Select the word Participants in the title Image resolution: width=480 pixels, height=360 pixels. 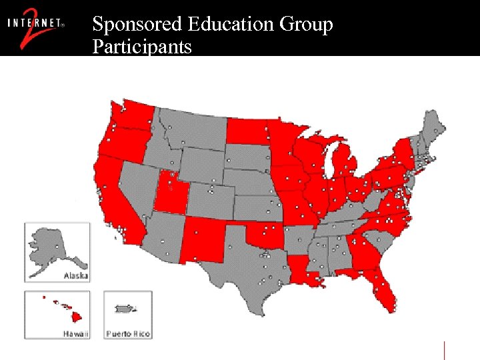point(142,47)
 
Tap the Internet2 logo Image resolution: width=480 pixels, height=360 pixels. point(36,27)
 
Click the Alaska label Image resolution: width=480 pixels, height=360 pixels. point(75,275)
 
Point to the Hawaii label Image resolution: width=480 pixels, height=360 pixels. point(74,333)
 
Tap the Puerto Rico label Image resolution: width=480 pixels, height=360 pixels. point(127,333)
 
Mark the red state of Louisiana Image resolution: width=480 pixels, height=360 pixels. point(304,271)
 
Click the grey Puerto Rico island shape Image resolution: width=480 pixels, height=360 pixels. point(125,309)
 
